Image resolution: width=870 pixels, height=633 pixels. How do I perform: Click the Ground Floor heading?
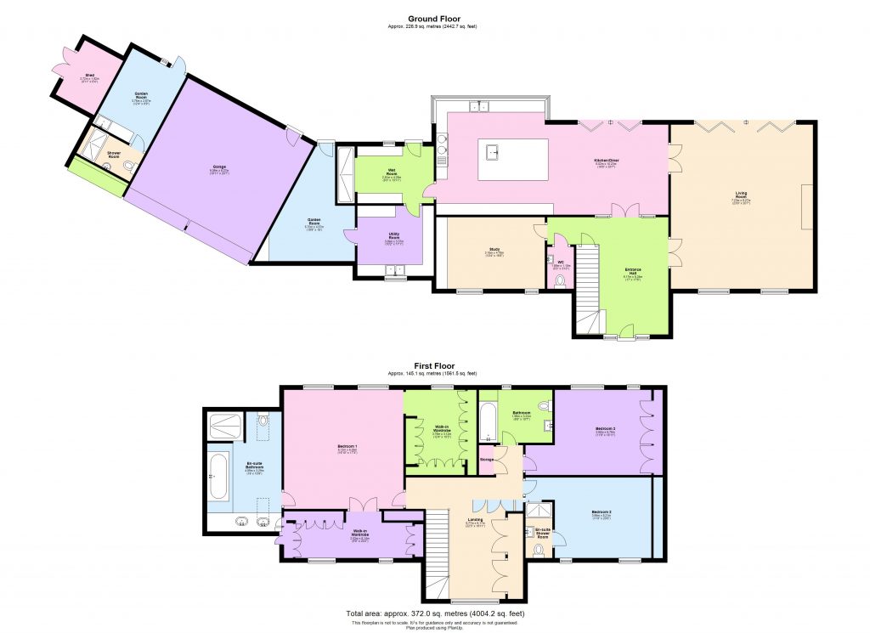pos(433,19)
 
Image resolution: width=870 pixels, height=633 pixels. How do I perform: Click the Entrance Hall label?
pos(633,274)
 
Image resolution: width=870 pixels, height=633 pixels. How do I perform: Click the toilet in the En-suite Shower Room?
pos(539,549)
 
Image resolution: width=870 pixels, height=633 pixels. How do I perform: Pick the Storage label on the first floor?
pos(487,460)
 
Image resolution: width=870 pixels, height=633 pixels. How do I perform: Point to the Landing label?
pos(476,520)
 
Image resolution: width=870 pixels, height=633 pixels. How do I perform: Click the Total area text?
pos(434,613)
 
